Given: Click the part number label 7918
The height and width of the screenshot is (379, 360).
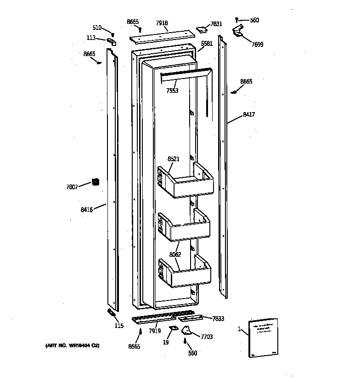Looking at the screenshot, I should [x=162, y=23].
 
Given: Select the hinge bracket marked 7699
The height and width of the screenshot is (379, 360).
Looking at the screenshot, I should [x=238, y=31].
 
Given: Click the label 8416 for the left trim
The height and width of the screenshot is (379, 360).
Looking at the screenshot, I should [x=86, y=209].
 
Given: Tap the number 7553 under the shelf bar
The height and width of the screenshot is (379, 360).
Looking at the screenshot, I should [x=172, y=91].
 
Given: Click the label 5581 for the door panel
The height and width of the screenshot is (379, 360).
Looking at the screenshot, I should [x=207, y=44].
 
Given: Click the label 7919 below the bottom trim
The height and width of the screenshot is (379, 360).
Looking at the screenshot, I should [x=155, y=331].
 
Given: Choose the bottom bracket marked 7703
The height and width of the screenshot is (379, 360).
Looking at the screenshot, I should [x=188, y=329].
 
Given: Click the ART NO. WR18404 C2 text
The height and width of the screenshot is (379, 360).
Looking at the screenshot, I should [x=72, y=345].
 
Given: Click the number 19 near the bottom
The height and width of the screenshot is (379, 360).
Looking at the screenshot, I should [x=166, y=342].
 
